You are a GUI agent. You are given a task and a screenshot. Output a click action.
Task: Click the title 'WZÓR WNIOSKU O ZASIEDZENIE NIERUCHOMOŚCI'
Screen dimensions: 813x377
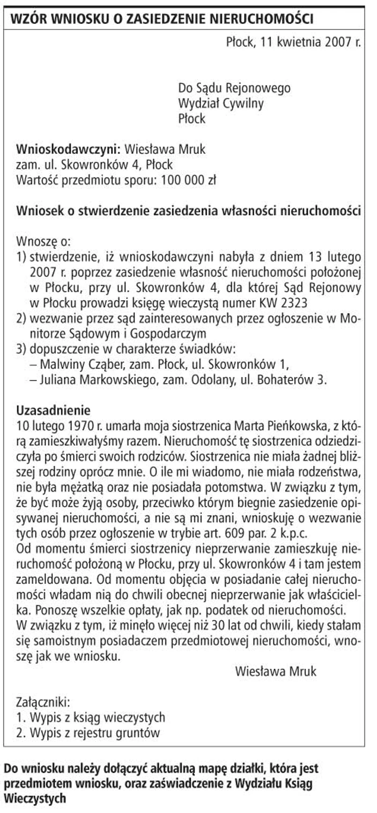(x=162, y=19)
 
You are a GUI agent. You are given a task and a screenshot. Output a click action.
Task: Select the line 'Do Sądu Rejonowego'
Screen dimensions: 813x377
(x=234, y=88)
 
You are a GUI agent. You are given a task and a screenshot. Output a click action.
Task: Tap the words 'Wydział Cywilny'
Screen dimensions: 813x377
(x=221, y=103)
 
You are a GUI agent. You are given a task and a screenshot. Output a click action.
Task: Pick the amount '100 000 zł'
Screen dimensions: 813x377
(x=188, y=180)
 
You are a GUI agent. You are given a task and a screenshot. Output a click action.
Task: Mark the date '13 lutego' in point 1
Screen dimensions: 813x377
(x=334, y=257)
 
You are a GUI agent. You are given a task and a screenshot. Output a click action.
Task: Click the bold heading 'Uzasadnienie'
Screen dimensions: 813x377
(x=53, y=410)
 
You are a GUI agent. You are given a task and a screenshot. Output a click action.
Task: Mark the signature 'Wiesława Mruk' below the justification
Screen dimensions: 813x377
(x=275, y=671)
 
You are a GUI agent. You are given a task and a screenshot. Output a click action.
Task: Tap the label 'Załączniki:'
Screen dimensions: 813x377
(x=43, y=702)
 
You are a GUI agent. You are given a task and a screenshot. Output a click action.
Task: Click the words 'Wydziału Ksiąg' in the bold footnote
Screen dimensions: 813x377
(x=274, y=782)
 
